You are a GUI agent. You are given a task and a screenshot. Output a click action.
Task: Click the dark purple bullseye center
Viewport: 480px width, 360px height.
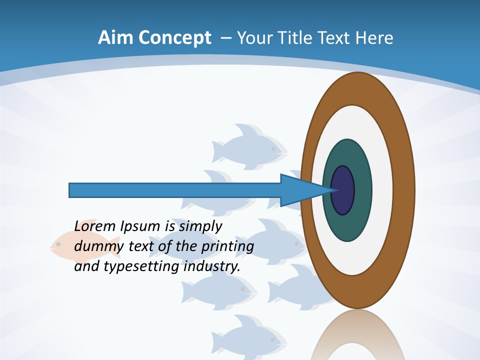342,190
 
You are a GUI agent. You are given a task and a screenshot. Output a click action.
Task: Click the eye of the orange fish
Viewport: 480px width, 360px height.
58,244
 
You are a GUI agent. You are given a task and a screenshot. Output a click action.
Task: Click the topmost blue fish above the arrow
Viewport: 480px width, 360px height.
250,145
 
